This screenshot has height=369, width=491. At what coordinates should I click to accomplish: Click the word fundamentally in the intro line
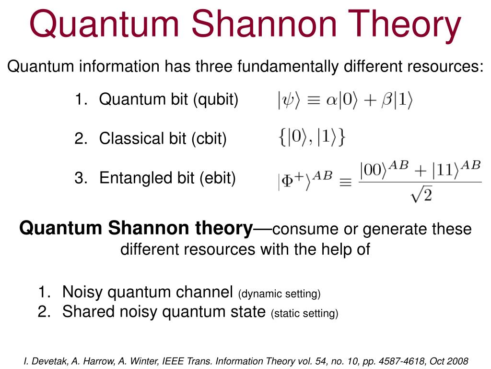point(288,66)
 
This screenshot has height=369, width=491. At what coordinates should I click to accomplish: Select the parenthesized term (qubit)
point(216,100)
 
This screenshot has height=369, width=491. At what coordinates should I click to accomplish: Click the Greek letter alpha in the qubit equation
point(331,100)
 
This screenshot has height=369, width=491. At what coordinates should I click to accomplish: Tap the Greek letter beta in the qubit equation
point(387,100)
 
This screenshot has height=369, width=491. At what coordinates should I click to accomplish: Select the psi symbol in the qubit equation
point(288,100)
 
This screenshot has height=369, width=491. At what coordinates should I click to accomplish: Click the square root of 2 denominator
point(421,195)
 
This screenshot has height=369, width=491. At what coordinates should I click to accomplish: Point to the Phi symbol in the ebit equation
point(287,181)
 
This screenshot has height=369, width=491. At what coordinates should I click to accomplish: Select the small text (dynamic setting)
point(280,294)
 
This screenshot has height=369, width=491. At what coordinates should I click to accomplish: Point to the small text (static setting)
point(304,313)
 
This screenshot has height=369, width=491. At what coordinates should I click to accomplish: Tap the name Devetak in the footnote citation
point(49,361)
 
